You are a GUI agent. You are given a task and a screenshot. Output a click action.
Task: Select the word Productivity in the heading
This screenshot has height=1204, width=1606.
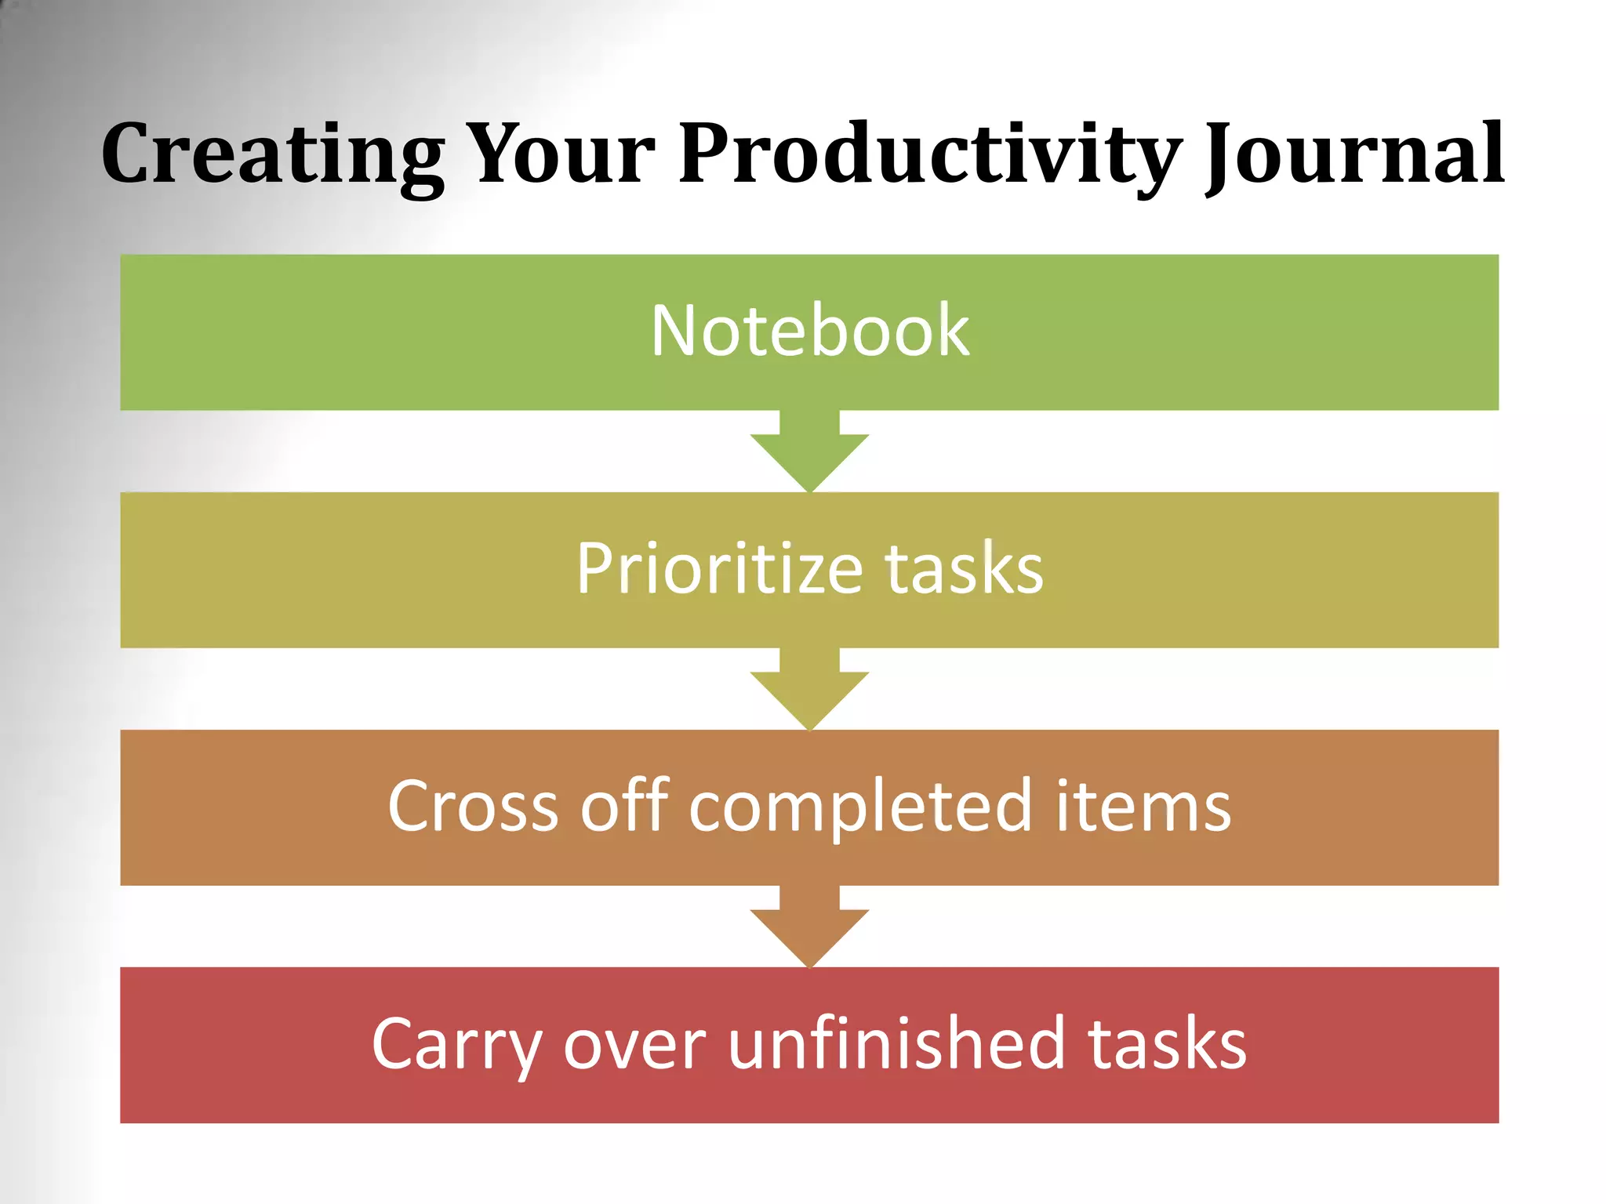930,154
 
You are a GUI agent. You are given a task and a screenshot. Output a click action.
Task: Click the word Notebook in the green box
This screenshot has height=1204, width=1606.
809,332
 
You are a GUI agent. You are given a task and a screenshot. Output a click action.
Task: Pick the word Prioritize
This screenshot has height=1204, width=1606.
719,569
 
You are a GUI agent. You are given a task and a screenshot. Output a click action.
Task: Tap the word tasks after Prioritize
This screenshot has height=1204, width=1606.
964,569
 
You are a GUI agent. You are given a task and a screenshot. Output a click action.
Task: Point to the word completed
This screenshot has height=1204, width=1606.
860,807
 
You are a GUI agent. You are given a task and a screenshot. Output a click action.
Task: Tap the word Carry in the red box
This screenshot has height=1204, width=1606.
456,1046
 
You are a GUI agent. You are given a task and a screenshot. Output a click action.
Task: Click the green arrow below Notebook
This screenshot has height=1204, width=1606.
809,455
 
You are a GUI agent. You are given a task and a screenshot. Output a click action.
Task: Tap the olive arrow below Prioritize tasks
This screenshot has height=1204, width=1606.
809,692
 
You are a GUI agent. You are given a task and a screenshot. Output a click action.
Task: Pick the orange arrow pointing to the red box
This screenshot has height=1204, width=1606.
809,930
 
